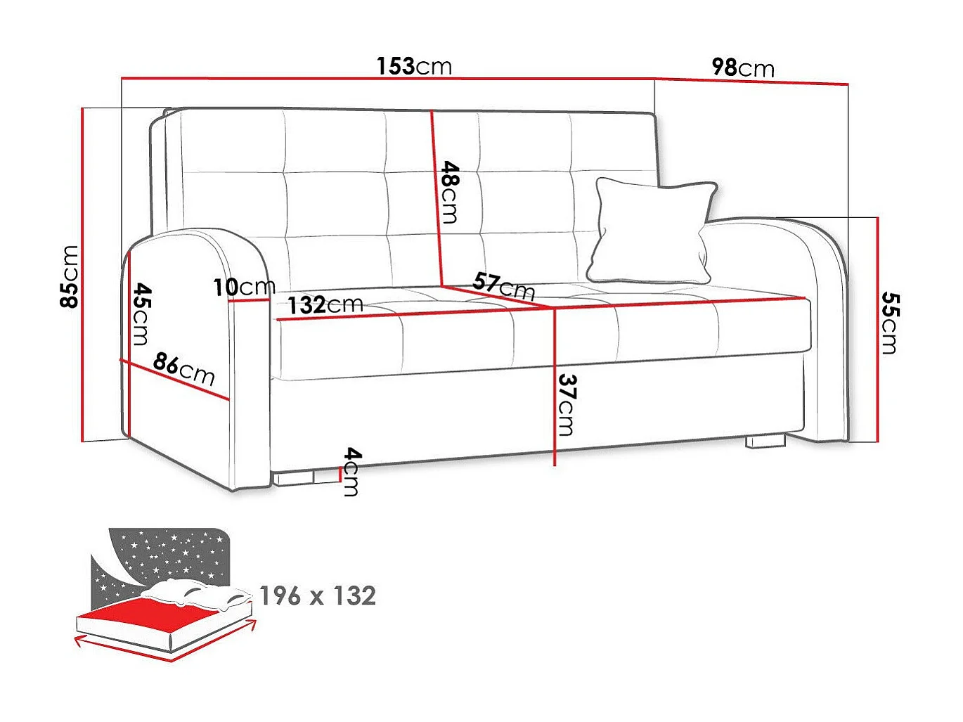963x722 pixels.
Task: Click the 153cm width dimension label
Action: point(414,66)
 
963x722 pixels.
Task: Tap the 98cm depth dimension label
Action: point(743,67)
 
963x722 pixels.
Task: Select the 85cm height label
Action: point(70,276)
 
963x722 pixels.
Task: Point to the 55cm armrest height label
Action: point(890,323)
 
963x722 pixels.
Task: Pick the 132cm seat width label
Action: point(325,305)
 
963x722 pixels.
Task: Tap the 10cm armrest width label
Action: point(244,287)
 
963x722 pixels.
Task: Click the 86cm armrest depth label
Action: point(184,368)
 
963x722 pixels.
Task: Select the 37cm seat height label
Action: point(567,404)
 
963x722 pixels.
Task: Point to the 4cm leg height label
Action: point(351,472)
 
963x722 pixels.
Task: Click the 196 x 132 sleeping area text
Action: point(318,596)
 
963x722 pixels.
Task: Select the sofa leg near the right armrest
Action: point(765,441)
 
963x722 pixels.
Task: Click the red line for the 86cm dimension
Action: point(176,380)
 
